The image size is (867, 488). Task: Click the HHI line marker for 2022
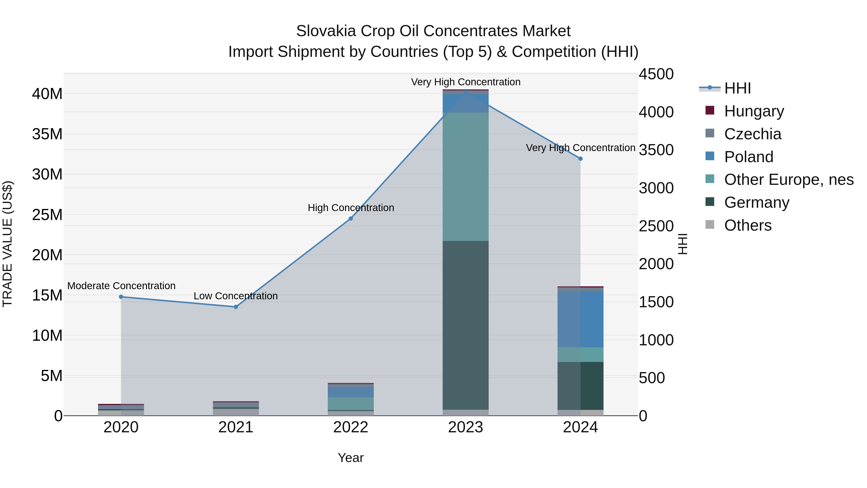350,219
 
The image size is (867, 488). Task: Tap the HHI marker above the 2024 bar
580,159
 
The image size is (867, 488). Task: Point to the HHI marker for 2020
121,297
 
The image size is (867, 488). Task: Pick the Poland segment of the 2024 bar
580,319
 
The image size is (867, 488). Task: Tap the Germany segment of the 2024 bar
580,386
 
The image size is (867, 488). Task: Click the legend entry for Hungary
754,111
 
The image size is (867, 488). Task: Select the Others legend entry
748,225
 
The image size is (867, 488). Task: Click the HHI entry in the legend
737,88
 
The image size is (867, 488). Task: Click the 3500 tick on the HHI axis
656,150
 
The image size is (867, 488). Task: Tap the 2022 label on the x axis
350,427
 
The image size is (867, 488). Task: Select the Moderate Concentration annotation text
121,286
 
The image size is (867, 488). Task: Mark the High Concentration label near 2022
351,208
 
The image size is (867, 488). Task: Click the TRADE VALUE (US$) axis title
7,244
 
